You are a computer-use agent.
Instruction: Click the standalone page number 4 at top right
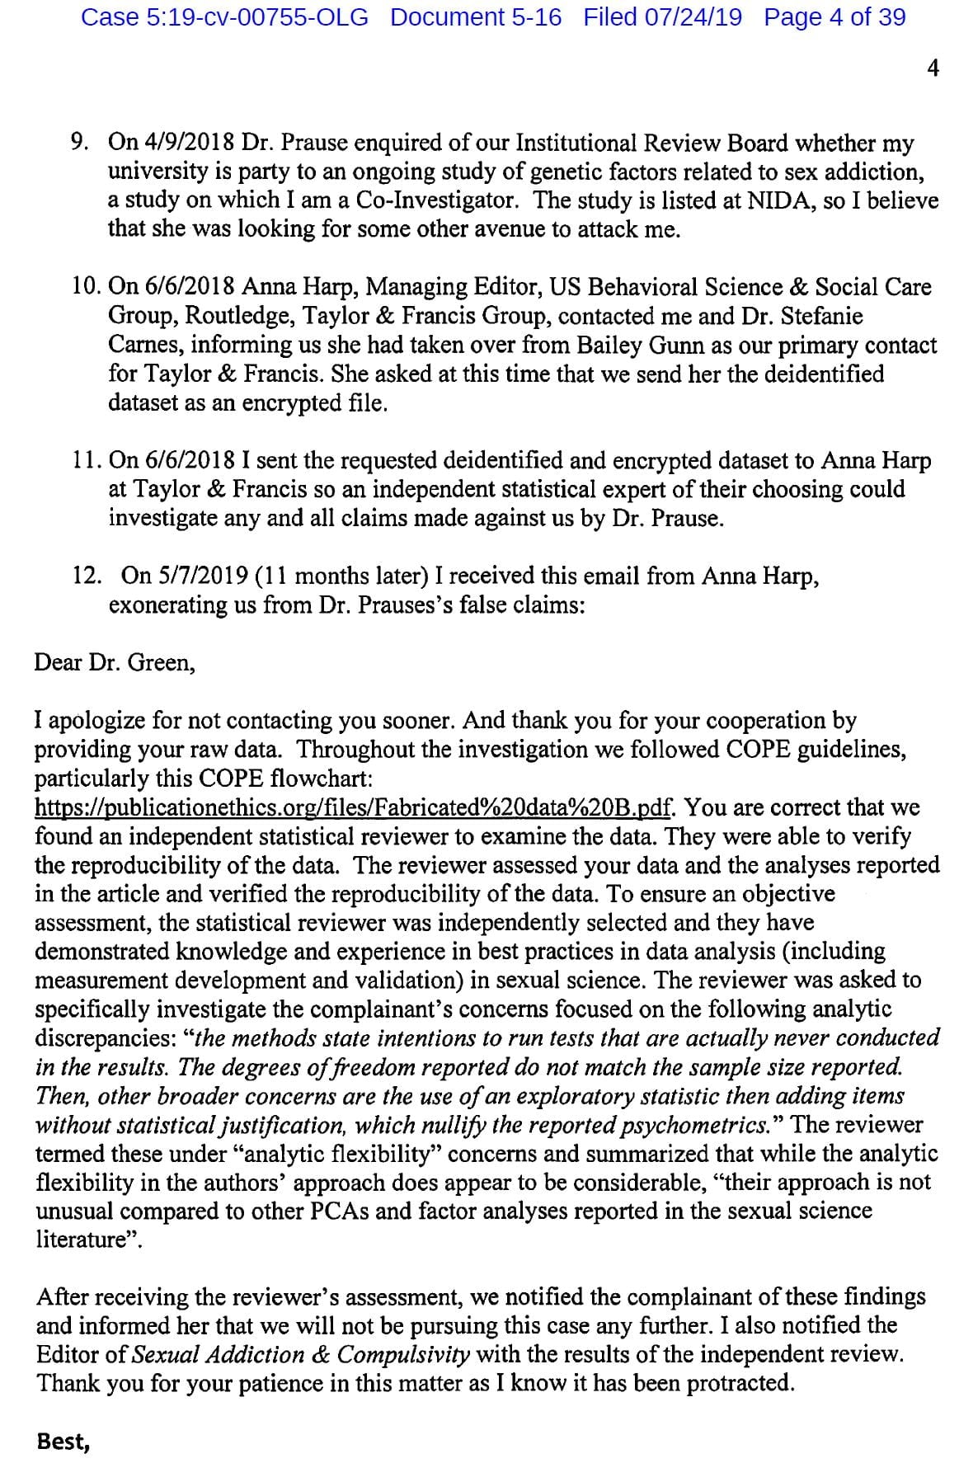[933, 69]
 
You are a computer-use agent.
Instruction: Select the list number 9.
[81, 143]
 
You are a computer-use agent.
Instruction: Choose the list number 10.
[85, 287]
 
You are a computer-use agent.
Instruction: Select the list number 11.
[85, 460]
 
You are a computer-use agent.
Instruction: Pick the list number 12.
[85, 576]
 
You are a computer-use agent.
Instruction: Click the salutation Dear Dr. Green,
[115, 662]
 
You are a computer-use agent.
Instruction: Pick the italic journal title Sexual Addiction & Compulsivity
[301, 1355]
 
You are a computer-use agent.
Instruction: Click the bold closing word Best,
[63, 1442]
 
